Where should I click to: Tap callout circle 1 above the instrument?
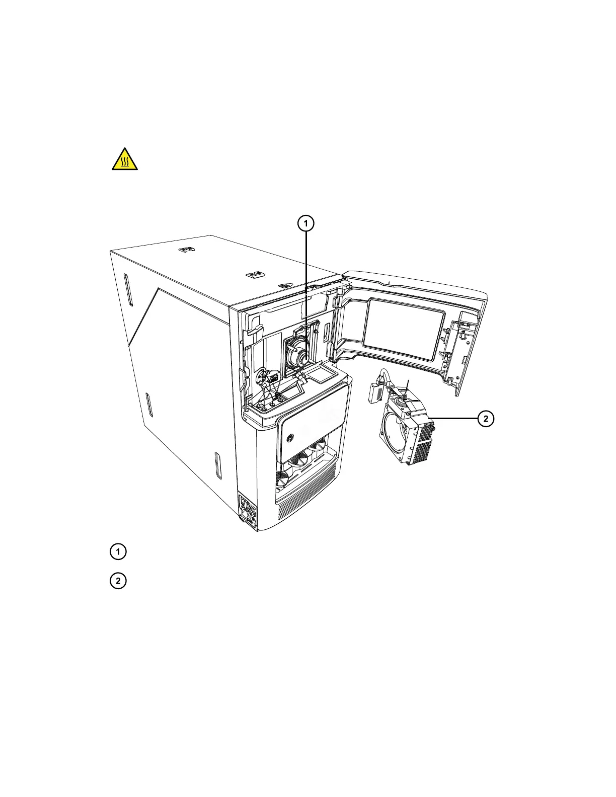coord(305,223)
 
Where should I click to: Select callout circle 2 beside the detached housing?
coord(486,419)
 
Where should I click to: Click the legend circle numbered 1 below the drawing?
coord(118,552)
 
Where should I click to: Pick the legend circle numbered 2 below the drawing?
coord(118,581)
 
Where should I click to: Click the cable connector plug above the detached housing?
coord(375,391)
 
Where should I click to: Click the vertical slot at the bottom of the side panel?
coord(217,465)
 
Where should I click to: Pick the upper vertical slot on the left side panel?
coord(126,289)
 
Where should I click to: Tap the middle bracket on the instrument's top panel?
coord(255,274)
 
